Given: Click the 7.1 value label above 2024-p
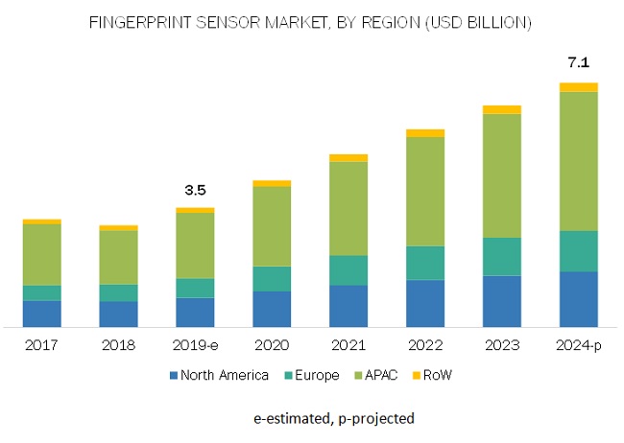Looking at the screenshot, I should point(579,62).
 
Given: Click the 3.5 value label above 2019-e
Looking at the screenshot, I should point(195,190).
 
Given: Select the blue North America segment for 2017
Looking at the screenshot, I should point(42,314).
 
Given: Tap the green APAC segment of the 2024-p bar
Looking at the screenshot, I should point(579,161).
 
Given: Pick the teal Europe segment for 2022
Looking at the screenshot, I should point(425,263).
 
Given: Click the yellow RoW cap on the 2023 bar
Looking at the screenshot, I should point(502,109).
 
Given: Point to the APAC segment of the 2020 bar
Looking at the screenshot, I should point(272,225).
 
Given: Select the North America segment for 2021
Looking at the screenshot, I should point(348,306).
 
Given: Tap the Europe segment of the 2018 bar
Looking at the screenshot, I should point(119,292).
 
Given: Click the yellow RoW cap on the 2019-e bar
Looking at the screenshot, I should point(195,210).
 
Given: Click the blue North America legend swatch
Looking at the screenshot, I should point(175,376).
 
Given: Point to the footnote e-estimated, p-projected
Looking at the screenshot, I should point(334,418).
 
